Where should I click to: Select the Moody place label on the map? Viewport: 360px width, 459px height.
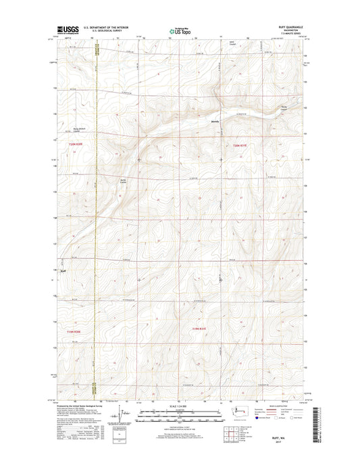click(x=215, y=122)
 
